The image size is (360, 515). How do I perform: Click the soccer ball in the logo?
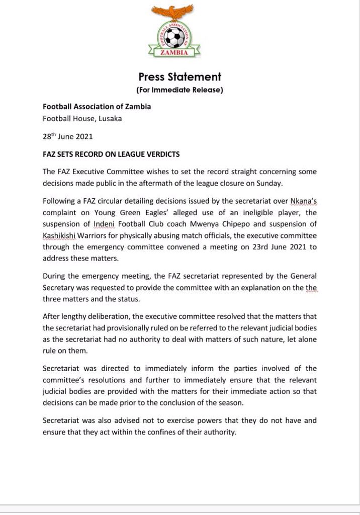tap(174, 36)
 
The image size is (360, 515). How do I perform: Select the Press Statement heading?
tap(179, 77)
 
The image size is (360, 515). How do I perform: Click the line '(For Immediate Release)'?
tap(179, 90)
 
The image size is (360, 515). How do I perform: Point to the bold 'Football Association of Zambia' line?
tap(97, 107)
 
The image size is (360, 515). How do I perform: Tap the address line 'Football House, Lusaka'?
tap(82, 119)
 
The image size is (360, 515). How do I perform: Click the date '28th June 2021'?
tap(68, 136)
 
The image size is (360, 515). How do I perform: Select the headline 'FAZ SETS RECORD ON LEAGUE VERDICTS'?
tap(111, 154)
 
